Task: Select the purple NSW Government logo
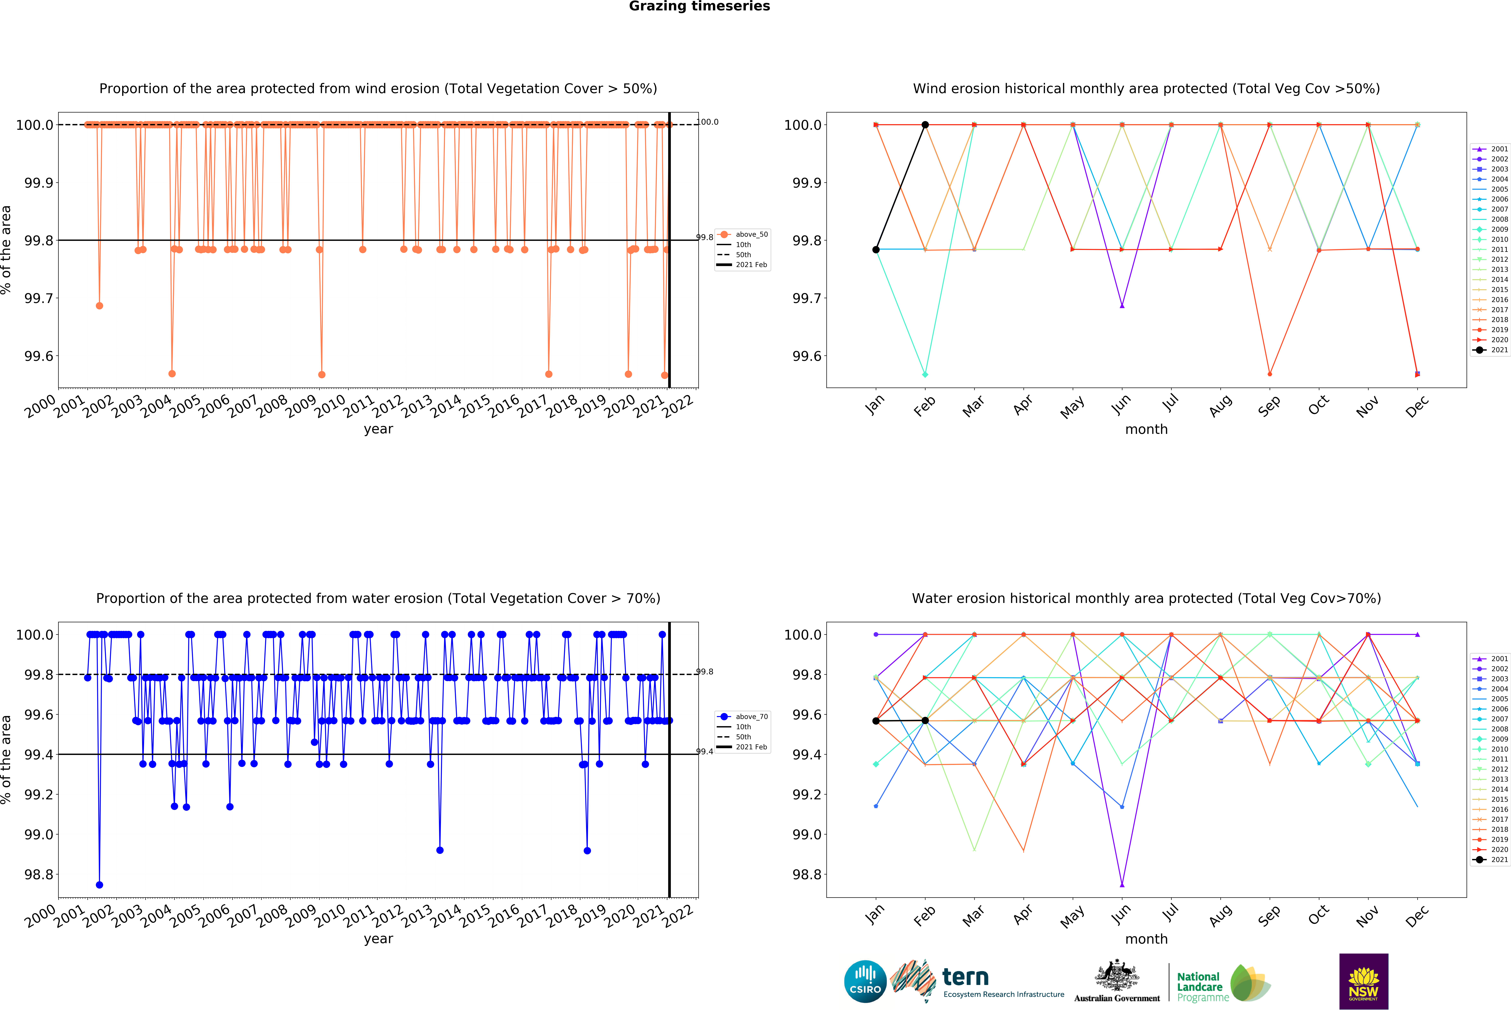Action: click(x=1363, y=981)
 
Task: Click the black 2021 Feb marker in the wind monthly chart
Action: click(x=925, y=125)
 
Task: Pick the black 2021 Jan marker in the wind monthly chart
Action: click(x=876, y=250)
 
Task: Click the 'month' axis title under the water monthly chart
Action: click(x=1146, y=939)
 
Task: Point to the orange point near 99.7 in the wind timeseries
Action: click(x=99, y=305)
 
